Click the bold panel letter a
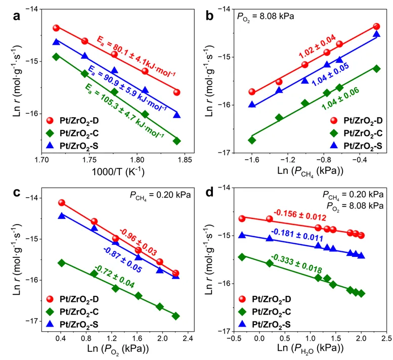coord(17,16)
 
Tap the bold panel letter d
coord(209,193)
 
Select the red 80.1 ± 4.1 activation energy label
coord(137,57)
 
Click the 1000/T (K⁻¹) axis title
coord(118,171)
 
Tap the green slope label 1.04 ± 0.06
coord(340,99)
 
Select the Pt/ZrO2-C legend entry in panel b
coord(356,133)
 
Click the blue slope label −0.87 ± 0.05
coord(122,260)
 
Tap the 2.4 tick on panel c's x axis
coord(188,338)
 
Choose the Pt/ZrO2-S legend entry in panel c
coord(72,325)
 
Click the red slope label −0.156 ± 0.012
coord(300,215)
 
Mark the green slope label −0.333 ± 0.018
coord(296,264)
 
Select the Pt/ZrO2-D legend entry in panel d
coord(265,299)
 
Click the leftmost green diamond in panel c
coord(61,263)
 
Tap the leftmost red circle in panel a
coord(56,28)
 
